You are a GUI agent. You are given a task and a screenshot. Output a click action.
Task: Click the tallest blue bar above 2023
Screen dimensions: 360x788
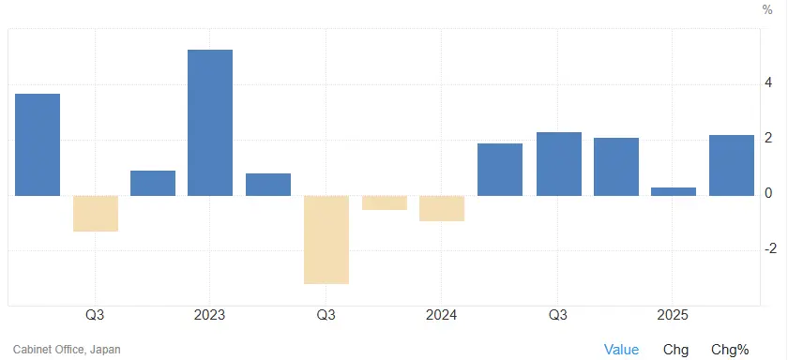click(x=210, y=122)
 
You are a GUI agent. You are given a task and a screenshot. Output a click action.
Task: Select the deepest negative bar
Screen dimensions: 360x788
click(x=326, y=239)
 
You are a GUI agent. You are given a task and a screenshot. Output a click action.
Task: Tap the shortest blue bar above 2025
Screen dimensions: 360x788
click(x=674, y=191)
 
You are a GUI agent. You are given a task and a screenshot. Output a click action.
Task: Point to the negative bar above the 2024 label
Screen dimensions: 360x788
click(x=442, y=208)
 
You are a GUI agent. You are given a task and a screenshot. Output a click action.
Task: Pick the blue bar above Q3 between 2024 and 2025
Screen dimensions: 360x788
click(x=558, y=163)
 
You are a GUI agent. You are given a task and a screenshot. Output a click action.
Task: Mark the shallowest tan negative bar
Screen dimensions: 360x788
click(x=385, y=202)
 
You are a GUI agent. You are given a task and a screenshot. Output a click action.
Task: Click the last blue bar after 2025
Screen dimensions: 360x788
click(x=732, y=165)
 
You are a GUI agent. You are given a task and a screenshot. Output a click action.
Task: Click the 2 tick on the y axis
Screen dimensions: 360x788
click(x=768, y=138)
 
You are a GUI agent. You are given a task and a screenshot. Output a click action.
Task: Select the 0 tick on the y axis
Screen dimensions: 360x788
click(x=768, y=193)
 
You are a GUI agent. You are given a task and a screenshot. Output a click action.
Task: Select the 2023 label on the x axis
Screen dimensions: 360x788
click(x=210, y=315)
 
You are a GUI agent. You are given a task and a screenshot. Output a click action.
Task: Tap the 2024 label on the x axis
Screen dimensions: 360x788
click(x=442, y=315)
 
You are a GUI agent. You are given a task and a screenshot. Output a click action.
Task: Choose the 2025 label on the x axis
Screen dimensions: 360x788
click(x=674, y=315)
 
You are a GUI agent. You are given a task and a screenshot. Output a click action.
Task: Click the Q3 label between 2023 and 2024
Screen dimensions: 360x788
click(x=326, y=315)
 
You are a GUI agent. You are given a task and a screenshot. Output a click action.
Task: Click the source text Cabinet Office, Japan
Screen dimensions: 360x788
click(x=67, y=350)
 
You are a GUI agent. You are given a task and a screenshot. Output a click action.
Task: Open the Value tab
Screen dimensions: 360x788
click(x=621, y=350)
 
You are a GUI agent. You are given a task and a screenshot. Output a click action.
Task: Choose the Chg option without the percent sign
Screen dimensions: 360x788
click(x=675, y=350)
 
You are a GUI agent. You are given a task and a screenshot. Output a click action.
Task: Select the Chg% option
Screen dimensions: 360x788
click(x=730, y=350)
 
